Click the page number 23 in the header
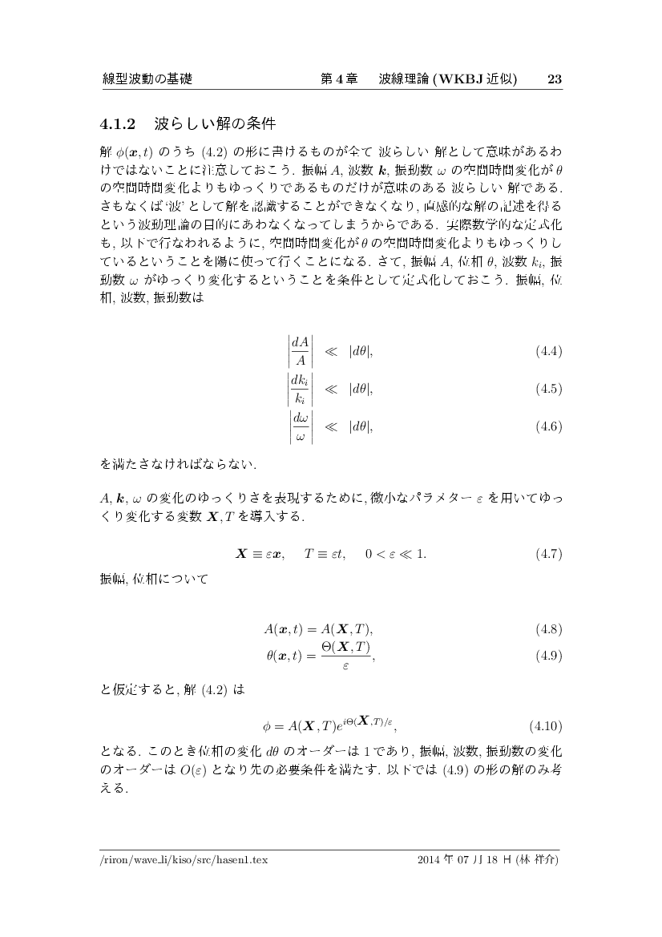(x=554, y=79)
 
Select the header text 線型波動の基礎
(x=147, y=79)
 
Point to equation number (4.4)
(x=548, y=352)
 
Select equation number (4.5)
(x=548, y=390)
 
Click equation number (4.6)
(x=548, y=426)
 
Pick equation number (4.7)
(x=548, y=554)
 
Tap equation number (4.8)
(x=548, y=628)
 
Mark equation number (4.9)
(x=548, y=656)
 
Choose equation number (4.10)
(x=546, y=727)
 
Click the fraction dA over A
(x=301, y=352)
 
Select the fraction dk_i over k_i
(x=301, y=390)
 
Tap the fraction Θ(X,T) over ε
(x=346, y=656)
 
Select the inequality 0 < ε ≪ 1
(x=400, y=554)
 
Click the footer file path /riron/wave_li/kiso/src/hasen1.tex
(x=184, y=861)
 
